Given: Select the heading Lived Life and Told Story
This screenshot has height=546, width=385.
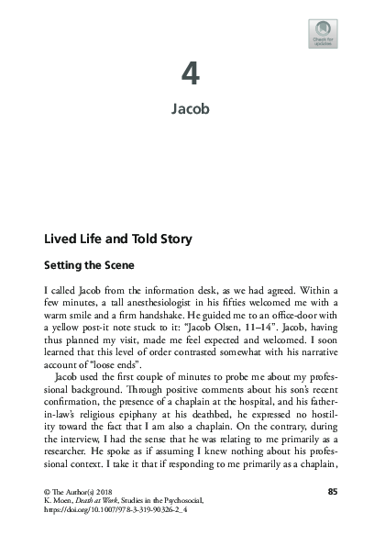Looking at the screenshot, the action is [x=118, y=240].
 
